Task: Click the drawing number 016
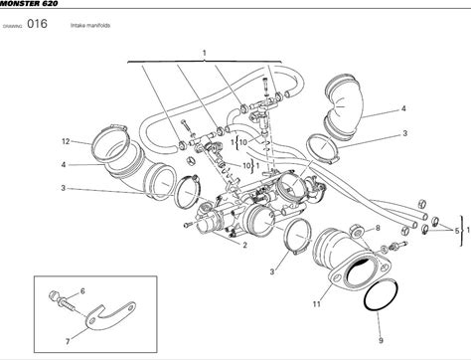coord(37,24)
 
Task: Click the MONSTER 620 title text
coord(29,3)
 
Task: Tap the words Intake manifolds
coord(90,25)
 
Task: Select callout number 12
coord(66,141)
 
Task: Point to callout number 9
coord(381,340)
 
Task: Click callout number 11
coord(317,303)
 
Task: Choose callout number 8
coord(378,228)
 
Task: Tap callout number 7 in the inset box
coord(68,341)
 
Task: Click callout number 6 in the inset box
coord(82,291)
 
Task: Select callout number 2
coord(244,246)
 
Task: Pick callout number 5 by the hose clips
coord(457,231)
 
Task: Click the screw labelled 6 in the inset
coord(63,300)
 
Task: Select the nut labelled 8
coord(357,231)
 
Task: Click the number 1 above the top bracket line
coord(205,53)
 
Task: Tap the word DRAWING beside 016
coord(12,26)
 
